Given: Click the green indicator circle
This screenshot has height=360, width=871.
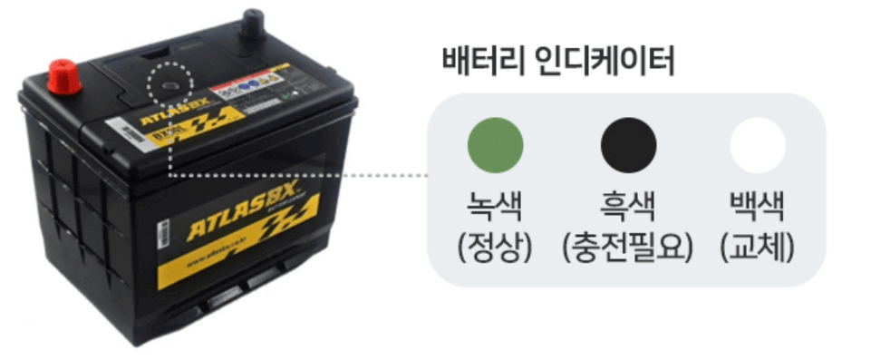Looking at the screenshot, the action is pyautogui.click(x=495, y=145).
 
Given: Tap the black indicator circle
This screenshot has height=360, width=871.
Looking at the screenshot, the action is pyautogui.click(x=629, y=145).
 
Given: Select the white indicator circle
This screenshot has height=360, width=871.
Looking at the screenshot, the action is pyautogui.click(x=758, y=145).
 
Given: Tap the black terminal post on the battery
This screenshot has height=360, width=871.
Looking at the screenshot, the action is pyautogui.click(x=251, y=24).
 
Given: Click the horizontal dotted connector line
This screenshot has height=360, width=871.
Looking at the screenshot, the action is pyautogui.click(x=299, y=175).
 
